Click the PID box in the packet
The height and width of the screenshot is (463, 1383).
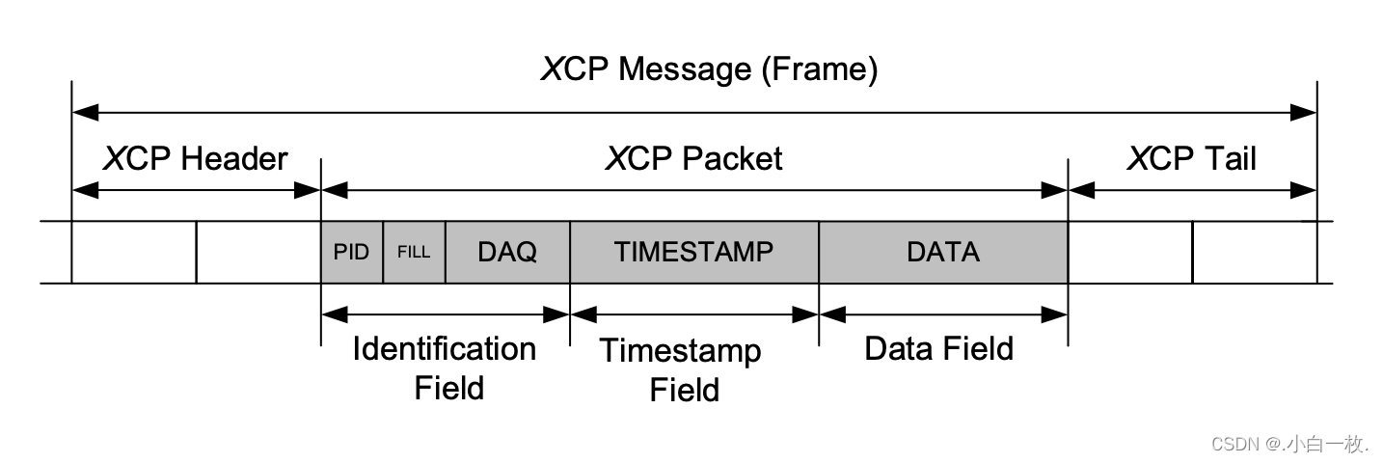(351, 253)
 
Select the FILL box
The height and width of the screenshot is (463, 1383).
(414, 253)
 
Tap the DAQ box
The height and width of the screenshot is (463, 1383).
(507, 253)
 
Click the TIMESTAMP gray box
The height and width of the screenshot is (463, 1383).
(693, 253)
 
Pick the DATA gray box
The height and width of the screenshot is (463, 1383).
(942, 253)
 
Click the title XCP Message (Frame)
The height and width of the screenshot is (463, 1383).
(709, 69)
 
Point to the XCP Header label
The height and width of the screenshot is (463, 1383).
(195, 158)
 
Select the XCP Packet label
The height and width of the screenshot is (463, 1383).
(693, 158)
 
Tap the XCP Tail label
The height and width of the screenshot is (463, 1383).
(1192, 158)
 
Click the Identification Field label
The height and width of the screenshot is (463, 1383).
(446, 368)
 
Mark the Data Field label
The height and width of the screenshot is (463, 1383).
(938, 348)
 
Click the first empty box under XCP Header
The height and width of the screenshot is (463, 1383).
(134, 253)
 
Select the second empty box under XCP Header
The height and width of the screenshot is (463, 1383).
(258, 253)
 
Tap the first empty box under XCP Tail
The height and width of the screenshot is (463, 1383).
(1129, 253)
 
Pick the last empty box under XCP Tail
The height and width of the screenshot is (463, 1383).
(1254, 253)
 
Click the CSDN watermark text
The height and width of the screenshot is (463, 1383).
(1289, 444)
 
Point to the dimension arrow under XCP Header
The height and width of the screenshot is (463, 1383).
(196, 191)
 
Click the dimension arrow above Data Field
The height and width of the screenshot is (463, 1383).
(942, 314)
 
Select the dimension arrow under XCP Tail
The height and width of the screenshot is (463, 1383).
(1192, 191)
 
